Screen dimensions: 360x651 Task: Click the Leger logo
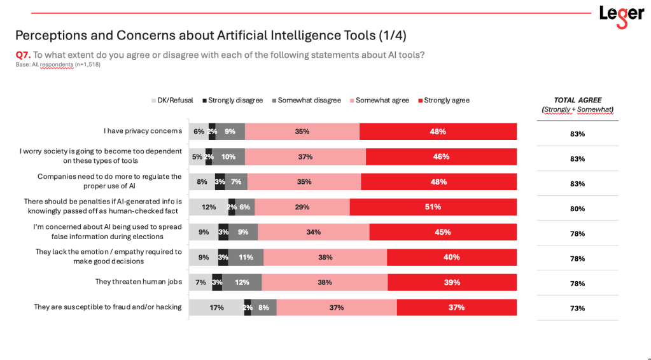coord(621,15)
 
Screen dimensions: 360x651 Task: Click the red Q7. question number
coord(23,55)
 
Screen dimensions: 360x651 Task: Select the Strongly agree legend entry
coord(443,100)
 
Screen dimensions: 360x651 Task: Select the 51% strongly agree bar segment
coord(433,207)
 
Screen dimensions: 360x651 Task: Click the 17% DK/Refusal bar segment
coord(216,307)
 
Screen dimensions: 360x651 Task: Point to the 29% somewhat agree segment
coord(302,207)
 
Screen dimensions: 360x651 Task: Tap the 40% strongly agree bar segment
coord(451,257)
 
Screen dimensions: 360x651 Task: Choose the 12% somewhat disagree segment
coord(242,282)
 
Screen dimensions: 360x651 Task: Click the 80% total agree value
coord(577,209)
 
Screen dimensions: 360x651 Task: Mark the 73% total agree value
coord(577,308)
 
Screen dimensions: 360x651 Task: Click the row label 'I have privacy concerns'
coord(143,131)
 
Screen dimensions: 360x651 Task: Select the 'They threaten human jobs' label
coord(138,282)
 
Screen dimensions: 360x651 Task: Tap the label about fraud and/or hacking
coord(108,307)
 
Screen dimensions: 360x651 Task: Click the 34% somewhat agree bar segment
coord(314,232)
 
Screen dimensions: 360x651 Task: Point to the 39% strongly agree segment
coord(452,282)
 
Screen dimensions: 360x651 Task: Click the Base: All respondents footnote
coord(58,64)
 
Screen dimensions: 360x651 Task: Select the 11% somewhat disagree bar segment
coord(246,257)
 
